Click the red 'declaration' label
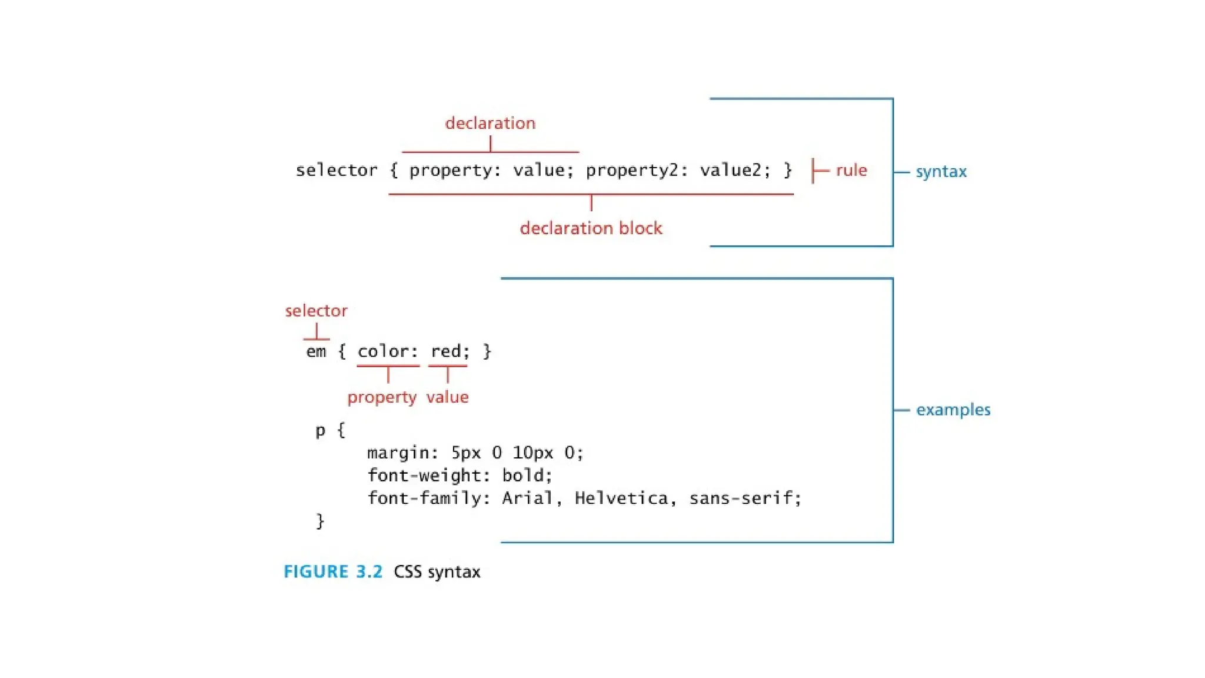(x=490, y=123)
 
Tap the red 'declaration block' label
(x=591, y=228)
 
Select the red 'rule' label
(x=851, y=171)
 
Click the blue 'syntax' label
(x=941, y=172)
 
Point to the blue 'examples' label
(x=953, y=410)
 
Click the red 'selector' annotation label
(x=316, y=311)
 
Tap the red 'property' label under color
(x=382, y=397)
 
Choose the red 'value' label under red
(x=448, y=397)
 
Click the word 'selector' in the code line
(x=337, y=171)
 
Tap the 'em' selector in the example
(x=316, y=352)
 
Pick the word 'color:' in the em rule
(x=388, y=352)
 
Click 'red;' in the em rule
(x=450, y=352)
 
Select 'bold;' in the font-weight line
(x=527, y=476)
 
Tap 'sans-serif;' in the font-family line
(x=745, y=498)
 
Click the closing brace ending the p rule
(x=320, y=521)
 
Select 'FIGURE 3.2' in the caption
(x=333, y=572)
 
